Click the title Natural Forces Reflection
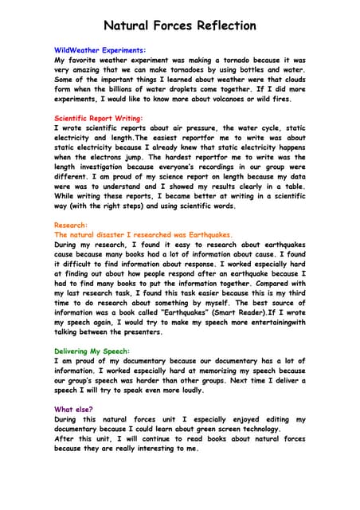[180, 25]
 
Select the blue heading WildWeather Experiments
[100, 49]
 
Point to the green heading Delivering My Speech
[92, 351]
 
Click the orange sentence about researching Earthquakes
[143, 235]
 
